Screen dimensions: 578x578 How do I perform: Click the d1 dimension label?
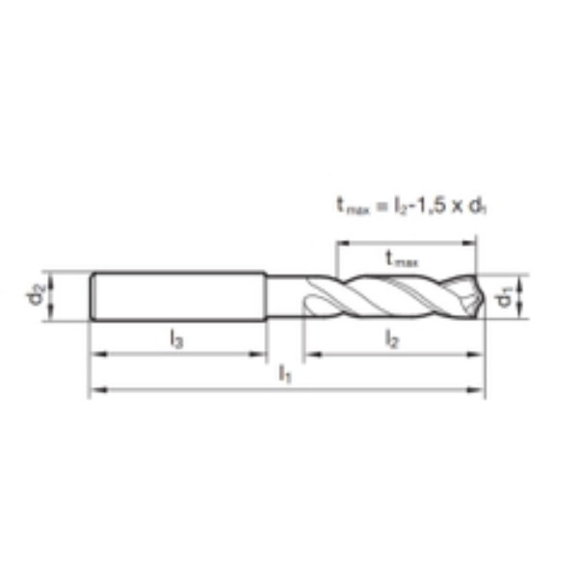click(505, 298)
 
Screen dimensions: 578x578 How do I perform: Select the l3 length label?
click(176, 338)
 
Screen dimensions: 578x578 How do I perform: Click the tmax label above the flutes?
click(401, 257)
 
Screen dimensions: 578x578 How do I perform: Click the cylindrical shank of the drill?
click(178, 297)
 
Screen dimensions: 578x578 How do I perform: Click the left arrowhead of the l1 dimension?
click(94, 390)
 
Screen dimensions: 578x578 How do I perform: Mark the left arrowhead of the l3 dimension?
click(94, 355)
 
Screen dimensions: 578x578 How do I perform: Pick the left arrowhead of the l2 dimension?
click(309, 355)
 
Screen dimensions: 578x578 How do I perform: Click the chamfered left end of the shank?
click(92, 297)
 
